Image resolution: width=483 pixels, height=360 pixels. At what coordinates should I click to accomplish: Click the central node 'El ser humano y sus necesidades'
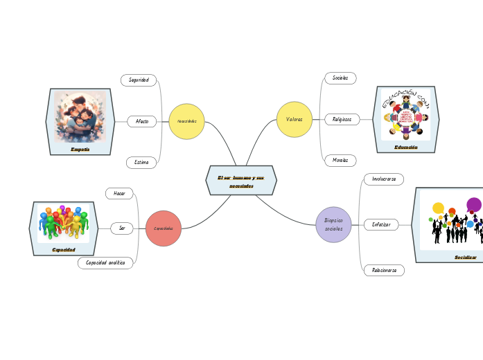point(241,180)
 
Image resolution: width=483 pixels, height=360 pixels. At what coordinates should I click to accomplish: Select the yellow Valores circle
point(295,119)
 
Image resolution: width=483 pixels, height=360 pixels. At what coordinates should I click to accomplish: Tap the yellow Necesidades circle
point(186,121)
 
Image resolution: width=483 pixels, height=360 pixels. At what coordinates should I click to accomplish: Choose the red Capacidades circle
point(164,228)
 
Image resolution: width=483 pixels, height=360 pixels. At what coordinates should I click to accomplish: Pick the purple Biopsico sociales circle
point(333,224)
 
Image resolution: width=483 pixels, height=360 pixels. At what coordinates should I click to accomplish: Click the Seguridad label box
point(139,80)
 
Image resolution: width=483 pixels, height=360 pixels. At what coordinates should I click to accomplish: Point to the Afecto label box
point(142,121)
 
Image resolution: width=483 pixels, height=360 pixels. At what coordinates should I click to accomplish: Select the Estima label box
point(141,163)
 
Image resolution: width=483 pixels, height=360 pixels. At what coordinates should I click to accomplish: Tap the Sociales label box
point(340,78)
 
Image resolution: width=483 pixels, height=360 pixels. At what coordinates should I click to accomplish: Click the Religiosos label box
point(342,119)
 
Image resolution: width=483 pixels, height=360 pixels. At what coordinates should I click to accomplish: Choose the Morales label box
point(340,161)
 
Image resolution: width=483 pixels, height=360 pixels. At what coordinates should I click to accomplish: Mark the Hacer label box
point(119,193)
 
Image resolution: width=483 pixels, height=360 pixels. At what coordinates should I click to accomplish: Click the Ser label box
point(122,228)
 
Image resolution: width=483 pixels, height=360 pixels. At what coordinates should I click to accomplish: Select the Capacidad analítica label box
point(105,263)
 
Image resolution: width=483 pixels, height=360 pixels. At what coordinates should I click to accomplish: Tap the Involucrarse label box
point(383,179)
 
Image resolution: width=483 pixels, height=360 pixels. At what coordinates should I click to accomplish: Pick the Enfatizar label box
point(381,224)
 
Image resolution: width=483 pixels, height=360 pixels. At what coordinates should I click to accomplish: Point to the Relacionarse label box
point(383,270)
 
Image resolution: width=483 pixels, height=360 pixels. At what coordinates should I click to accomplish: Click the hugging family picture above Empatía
point(80,118)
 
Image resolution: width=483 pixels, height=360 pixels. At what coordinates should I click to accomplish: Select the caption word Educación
point(405,147)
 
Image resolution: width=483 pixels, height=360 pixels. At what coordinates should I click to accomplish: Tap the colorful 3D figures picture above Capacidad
point(63,223)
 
